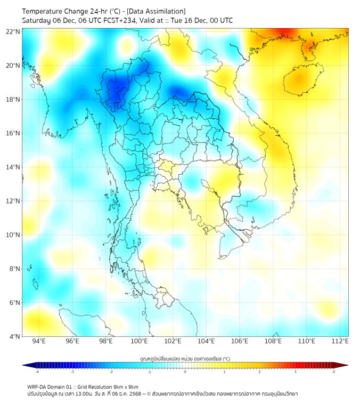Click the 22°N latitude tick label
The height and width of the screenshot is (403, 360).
[13, 31]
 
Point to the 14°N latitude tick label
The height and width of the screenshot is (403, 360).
[13, 167]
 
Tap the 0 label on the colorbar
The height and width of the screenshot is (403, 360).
[185, 372]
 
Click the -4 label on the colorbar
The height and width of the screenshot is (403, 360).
[36, 372]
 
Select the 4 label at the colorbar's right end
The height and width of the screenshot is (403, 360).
[334, 372]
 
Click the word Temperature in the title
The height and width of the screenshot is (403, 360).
[45, 11]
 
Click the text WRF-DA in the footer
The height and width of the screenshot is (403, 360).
[37, 386]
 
